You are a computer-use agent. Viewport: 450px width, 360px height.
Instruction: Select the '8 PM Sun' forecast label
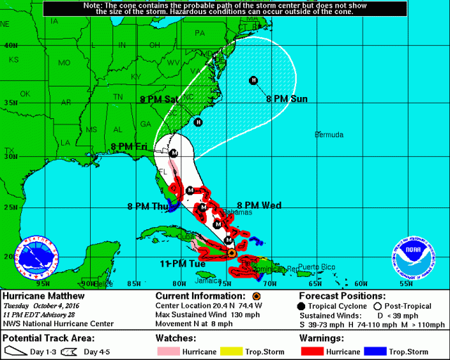pyautogui.click(x=286, y=99)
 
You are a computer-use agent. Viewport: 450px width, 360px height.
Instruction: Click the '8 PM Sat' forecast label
pyautogui.click(x=159, y=100)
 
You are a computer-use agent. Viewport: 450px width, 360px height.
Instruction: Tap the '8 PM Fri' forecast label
pyautogui.click(x=129, y=147)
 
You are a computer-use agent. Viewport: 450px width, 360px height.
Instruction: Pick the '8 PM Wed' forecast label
pyautogui.click(x=259, y=205)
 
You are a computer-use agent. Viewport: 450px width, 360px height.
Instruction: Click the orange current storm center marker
pyautogui.click(x=232, y=252)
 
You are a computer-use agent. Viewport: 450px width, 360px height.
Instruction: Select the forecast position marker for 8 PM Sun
pyautogui.click(x=253, y=80)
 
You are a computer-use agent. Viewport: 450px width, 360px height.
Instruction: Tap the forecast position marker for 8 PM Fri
pyautogui.click(x=173, y=153)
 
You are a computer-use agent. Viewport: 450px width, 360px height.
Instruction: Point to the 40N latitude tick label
pyautogui.click(x=9, y=45)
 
